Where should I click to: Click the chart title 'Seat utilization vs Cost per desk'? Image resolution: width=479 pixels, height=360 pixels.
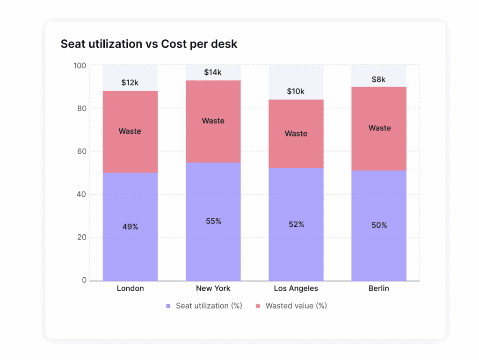tap(149, 44)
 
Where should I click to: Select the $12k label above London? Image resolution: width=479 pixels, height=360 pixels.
tap(130, 83)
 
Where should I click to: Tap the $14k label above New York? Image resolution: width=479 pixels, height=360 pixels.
tap(213, 72)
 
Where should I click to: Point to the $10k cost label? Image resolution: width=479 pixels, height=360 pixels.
tap(296, 92)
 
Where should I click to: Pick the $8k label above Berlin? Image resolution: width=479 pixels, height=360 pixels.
tap(378, 79)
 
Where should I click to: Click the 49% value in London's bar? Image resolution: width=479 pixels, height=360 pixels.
tap(130, 227)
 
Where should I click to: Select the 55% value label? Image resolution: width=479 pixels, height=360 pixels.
tap(213, 221)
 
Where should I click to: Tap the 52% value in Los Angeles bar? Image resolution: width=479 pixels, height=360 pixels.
tap(296, 224)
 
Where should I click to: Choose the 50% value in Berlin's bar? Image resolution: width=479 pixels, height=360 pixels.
tap(379, 225)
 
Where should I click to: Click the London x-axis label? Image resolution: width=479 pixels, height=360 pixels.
tap(131, 288)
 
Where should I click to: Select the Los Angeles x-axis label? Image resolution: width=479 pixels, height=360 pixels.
tap(296, 288)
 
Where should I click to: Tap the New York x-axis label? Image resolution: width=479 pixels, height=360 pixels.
tap(213, 288)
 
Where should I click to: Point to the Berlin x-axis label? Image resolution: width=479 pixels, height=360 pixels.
tap(379, 288)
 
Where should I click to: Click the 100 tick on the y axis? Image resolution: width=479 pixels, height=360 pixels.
tap(80, 65)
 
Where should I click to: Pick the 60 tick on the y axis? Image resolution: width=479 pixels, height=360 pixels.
tap(82, 151)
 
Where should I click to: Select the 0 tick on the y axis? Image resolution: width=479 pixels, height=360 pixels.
tap(85, 281)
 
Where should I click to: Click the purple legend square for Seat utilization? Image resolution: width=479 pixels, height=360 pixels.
tap(168, 306)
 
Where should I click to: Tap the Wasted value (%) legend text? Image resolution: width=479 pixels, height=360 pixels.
tap(296, 306)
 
